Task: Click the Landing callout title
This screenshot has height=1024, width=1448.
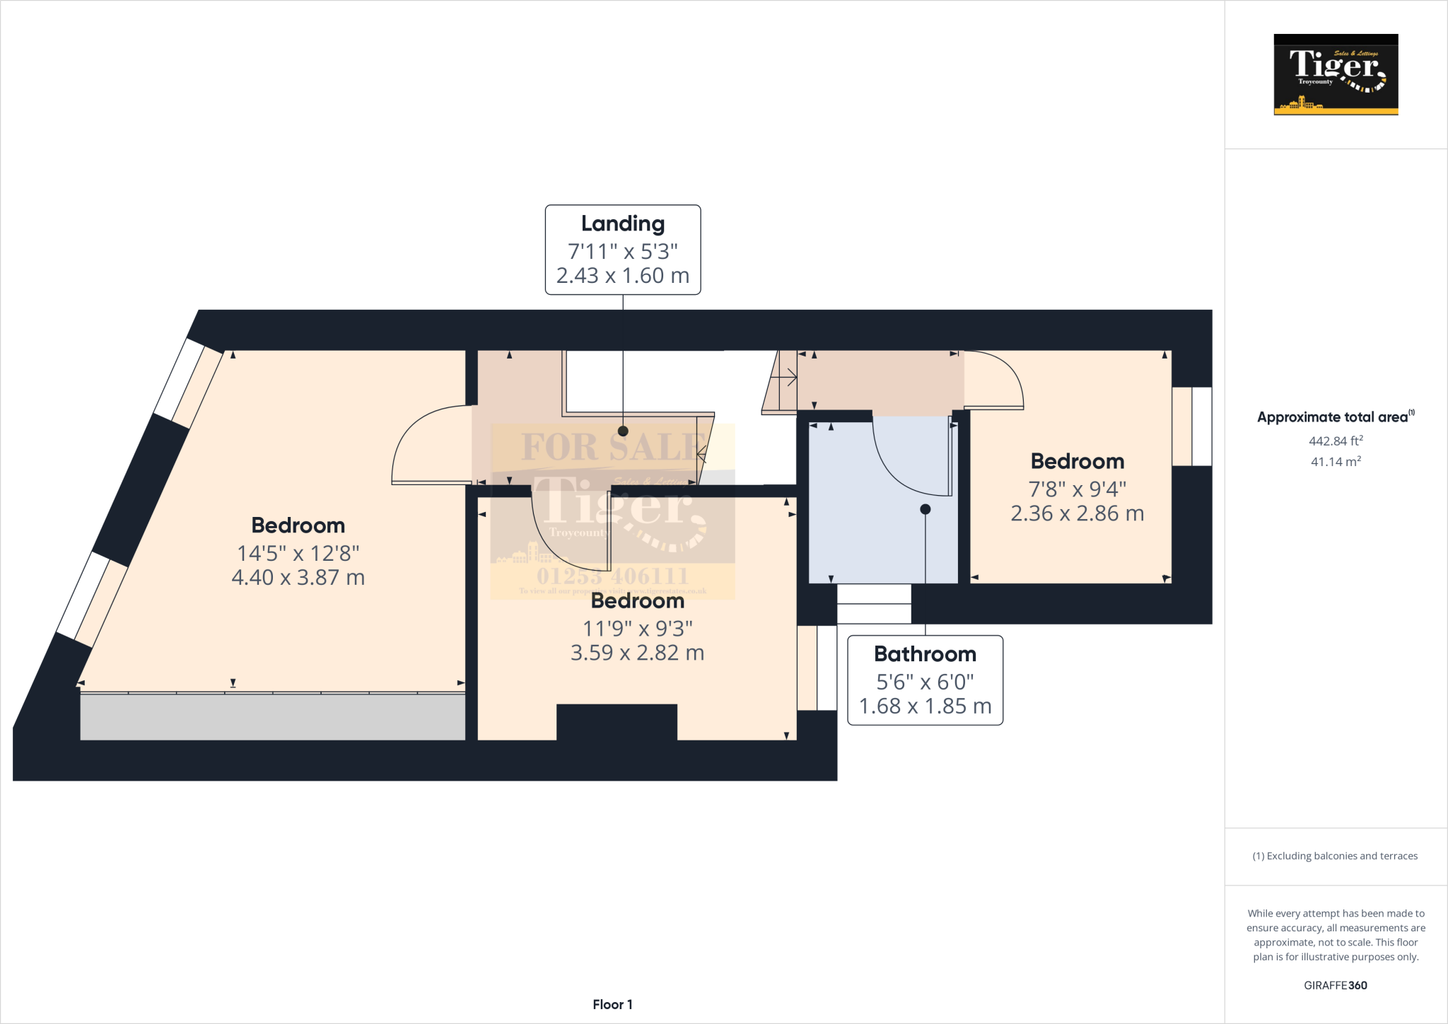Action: (x=622, y=223)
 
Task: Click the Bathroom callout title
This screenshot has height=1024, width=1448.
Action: (x=925, y=654)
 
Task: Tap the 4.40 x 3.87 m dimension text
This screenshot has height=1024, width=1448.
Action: (x=298, y=578)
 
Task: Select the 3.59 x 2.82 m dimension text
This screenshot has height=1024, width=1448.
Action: (x=637, y=653)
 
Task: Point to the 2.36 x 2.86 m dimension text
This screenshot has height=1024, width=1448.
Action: (x=1077, y=513)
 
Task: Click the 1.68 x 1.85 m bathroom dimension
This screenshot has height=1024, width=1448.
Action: (x=925, y=706)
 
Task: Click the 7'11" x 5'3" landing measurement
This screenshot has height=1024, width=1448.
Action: (x=622, y=251)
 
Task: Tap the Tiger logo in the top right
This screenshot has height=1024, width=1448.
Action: (x=1336, y=74)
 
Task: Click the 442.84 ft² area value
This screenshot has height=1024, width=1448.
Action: (x=1336, y=441)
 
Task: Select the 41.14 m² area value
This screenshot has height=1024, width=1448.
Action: (x=1336, y=462)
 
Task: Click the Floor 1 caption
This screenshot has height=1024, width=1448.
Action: (x=612, y=1004)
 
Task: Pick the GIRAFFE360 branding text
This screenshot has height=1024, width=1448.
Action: (x=1335, y=985)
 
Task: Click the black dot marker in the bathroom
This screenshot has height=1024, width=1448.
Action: (x=925, y=509)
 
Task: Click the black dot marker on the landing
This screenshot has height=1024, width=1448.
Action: (x=623, y=431)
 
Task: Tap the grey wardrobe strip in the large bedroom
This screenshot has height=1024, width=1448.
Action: (x=272, y=717)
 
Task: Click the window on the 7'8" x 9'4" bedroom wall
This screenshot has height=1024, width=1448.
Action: (x=1192, y=426)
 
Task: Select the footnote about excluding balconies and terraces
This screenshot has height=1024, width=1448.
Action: (x=1335, y=856)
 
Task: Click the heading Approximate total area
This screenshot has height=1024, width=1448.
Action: (x=1332, y=417)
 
